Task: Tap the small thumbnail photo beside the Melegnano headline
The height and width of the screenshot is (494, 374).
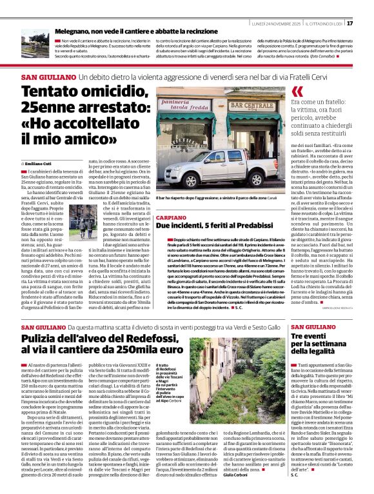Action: pyautogui.click(x=44, y=40)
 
